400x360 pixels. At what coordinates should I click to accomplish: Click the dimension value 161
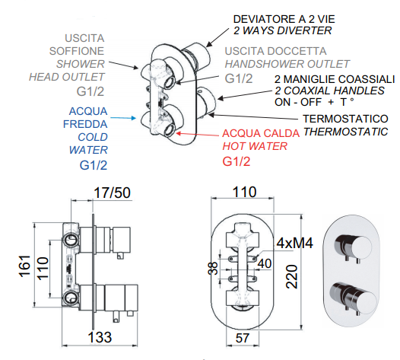[x=25, y=266]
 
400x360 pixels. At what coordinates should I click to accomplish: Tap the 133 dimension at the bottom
[x=100, y=337]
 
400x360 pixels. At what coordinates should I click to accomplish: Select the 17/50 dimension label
[x=112, y=193]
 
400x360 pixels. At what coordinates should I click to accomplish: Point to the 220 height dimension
[x=292, y=277]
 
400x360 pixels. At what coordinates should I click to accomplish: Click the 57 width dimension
[x=242, y=338]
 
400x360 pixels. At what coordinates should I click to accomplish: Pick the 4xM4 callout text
[x=294, y=243]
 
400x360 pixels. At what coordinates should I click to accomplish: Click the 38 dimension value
[x=214, y=268]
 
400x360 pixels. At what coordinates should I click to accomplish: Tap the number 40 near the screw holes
[x=265, y=263]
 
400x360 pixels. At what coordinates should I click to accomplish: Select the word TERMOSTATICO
[x=345, y=119]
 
